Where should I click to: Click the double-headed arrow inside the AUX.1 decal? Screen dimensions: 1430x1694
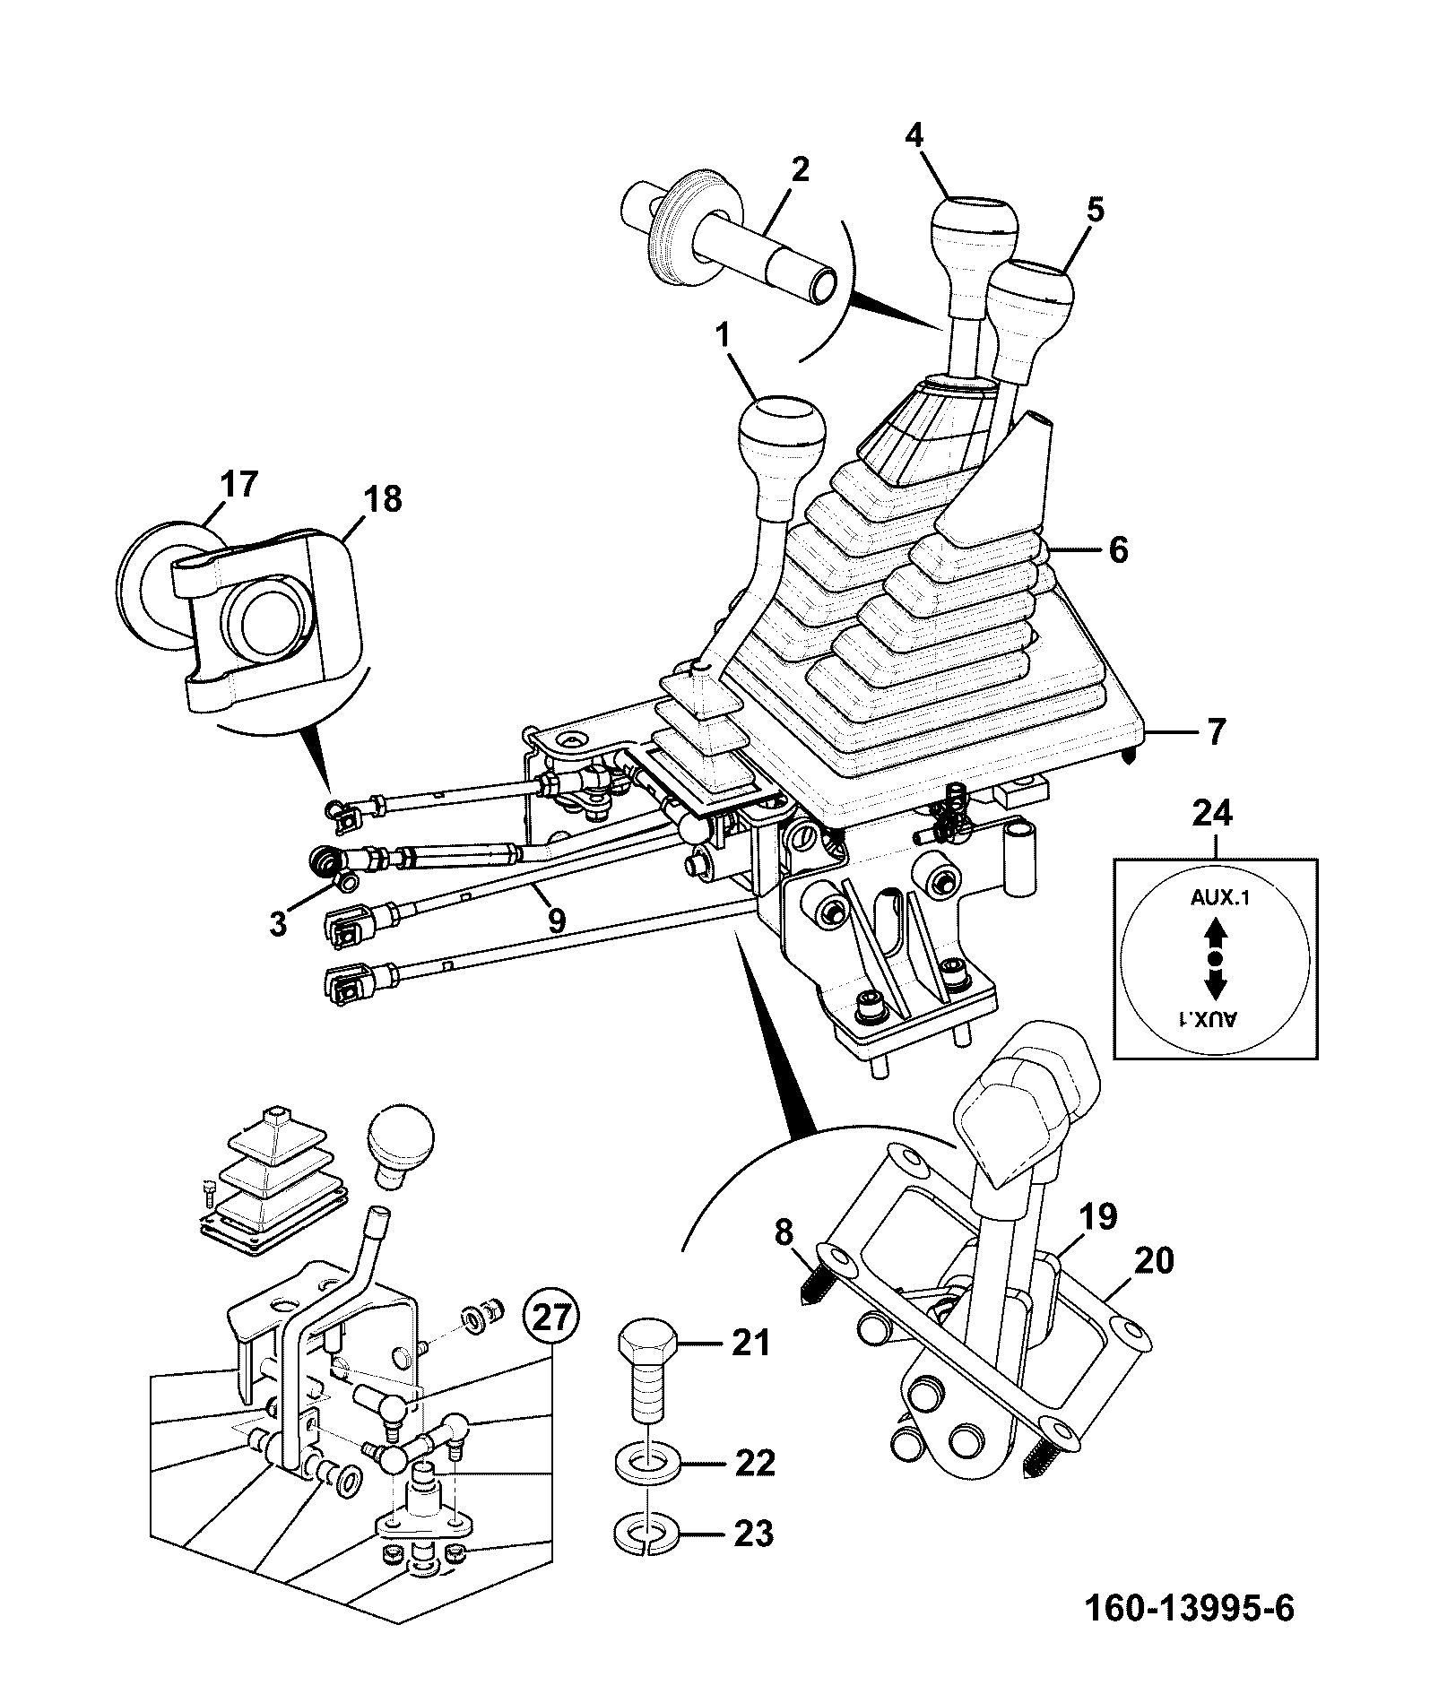point(1215,960)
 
